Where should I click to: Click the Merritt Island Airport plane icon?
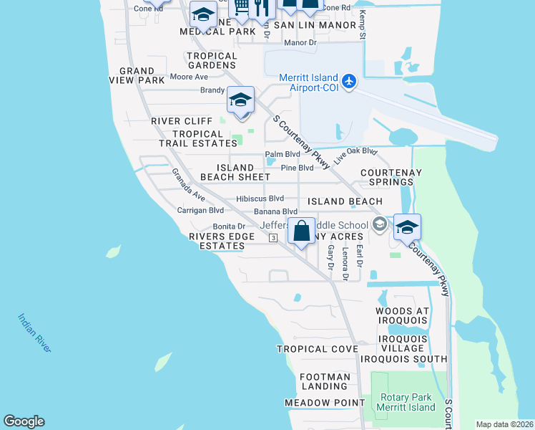pyautogui.click(x=348, y=80)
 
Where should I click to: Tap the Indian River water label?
pyautogui.click(x=34, y=333)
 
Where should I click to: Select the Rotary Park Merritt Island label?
pyautogui.click(x=407, y=402)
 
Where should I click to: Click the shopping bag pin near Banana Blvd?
pyautogui.click(x=302, y=232)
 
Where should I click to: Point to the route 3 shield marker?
pyautogui.click(x=273, y=239)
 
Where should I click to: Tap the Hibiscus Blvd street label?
pyautogui.click(x=260, y=199)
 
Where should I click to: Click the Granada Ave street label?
pyautogui.click(x=188, y=184)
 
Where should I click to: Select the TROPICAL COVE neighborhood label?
pyautogui.click(x=317, y=349)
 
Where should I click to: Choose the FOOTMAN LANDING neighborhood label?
pyautogui.click(x=325, y=381)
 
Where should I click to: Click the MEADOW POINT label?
pyautogui.click(x=325, y=403)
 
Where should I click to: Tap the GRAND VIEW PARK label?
pyautogui.click(x=137, y=75)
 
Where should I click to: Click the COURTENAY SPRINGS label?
pyautogui.click(x=391, y=178)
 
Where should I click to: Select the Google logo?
pyautogui.click(x=24, y=421)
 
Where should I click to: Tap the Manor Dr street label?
pyautogui.click(x=300, y=43)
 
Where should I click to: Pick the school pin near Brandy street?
pyautogui.click(x=241, y=100)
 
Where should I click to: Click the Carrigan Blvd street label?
pyautogui.click(x=200, y=211)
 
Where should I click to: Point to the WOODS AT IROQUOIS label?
pyautogui.click(x=402, y=316)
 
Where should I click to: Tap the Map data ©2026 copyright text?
pyautogui.click(x=504, y=424)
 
